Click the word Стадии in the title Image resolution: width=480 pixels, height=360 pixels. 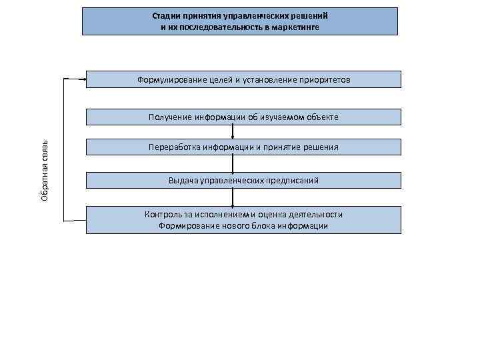click(x=164, y=15)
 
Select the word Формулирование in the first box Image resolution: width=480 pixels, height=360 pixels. click(x=169, y=79)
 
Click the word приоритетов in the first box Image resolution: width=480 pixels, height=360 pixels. click(x=325, y=79)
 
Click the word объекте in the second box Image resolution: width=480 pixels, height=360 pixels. click(x=323, y=117)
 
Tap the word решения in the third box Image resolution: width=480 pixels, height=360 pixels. click(x=322, y=147)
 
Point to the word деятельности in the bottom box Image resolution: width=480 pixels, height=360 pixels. click(x=317, y=215)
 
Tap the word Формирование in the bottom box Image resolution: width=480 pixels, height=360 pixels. click(x=186, y=226)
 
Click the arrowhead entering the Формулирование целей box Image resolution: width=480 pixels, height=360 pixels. click(x=84, y=79)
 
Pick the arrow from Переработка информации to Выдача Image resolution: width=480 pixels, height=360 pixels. click(x=233, y=164)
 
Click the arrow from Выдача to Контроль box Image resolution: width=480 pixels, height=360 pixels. click(x=233, y=198)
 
